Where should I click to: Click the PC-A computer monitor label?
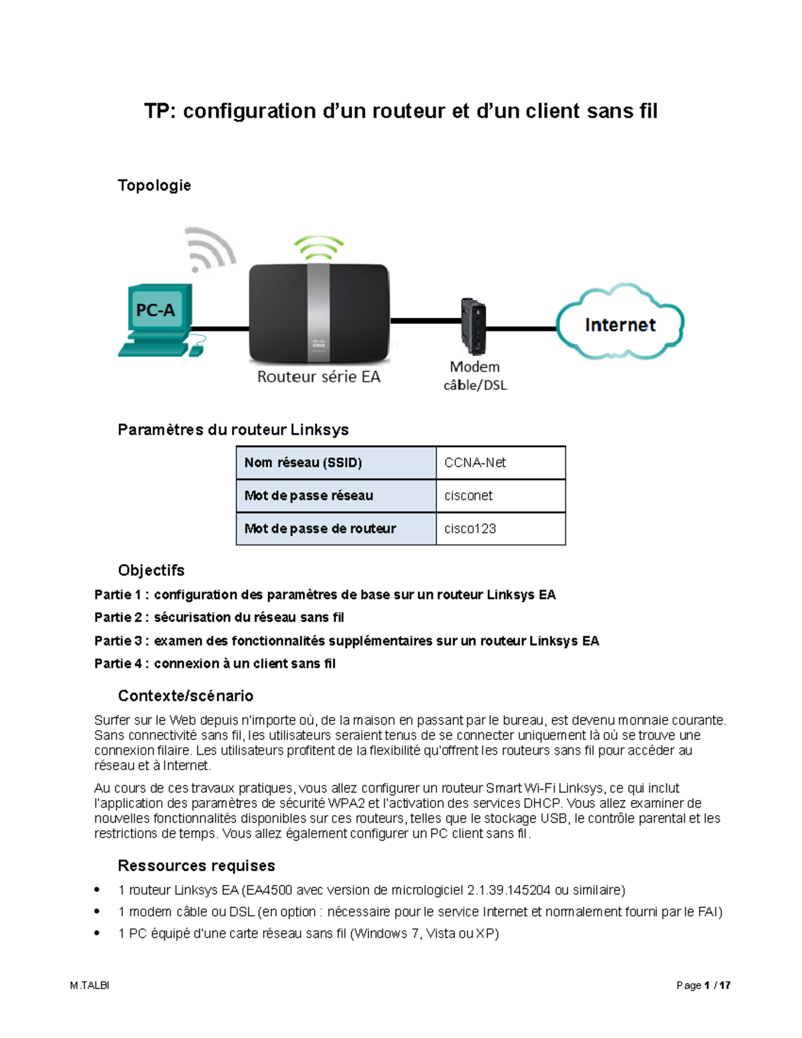point(155,310)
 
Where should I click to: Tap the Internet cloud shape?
point(620,325)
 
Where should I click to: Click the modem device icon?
point(473,326)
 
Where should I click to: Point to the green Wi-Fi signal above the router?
point(319,247)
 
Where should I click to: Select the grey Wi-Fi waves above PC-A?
point(209,249)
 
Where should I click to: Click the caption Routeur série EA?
point(319,377)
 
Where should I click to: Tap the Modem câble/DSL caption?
point(475,376)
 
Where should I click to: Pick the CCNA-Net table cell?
point(475,463)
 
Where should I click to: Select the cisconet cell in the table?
point(469,495)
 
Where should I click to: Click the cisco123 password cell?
point(471,529)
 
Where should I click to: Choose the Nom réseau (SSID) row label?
point(303,463)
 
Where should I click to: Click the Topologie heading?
point(154,185)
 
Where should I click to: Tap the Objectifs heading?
point(151,570)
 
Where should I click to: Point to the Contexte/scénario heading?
point(185,696)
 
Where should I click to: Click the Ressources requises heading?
point(196,866)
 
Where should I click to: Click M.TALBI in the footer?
point(90,985)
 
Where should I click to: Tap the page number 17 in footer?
point(725,985)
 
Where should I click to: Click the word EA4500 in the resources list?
point(269,890)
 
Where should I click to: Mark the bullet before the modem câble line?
point(98,911)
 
